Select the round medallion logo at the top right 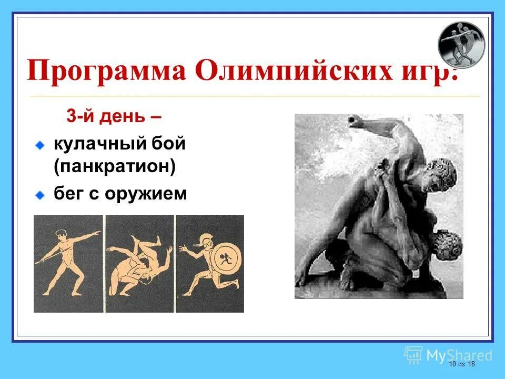[x=461, y=45]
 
